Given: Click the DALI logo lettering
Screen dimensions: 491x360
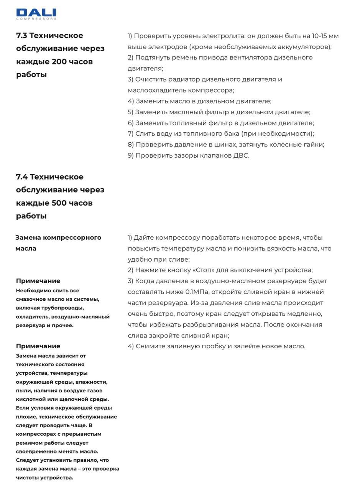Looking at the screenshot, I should click(36, 13).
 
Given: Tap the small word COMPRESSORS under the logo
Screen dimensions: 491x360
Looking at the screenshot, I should click(36, 19).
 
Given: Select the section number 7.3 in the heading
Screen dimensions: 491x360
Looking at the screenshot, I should click(22, 36).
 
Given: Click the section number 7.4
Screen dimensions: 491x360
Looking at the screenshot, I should click(22, 177).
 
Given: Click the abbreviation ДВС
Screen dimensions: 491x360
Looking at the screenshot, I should click(240, 156).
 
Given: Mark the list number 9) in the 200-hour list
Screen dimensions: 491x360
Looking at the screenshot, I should click(131, 156).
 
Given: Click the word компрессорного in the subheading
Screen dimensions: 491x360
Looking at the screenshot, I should click(72, 237).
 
